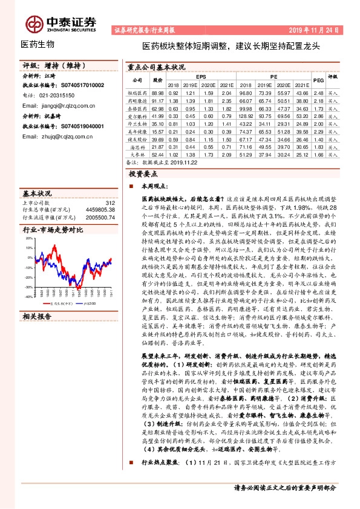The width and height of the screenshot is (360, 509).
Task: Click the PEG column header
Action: pyautogui.click(x=318, y=81)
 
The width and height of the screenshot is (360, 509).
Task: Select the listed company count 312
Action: pyautogui.click(x=110, y=203)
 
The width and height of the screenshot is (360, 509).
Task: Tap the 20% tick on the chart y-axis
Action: pyautogui.click(x=28, y=239)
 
